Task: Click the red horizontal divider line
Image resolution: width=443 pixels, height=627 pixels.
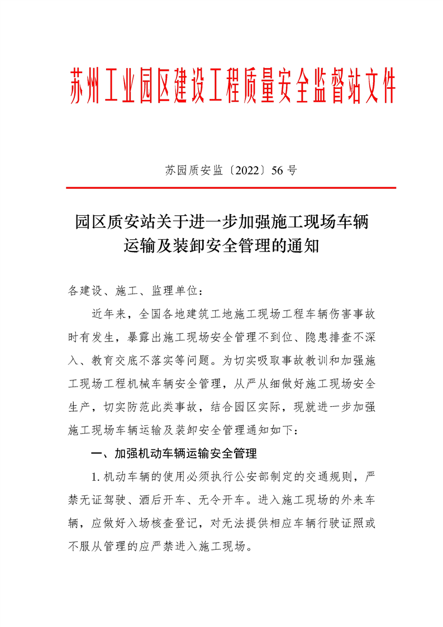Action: click(231, 188)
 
